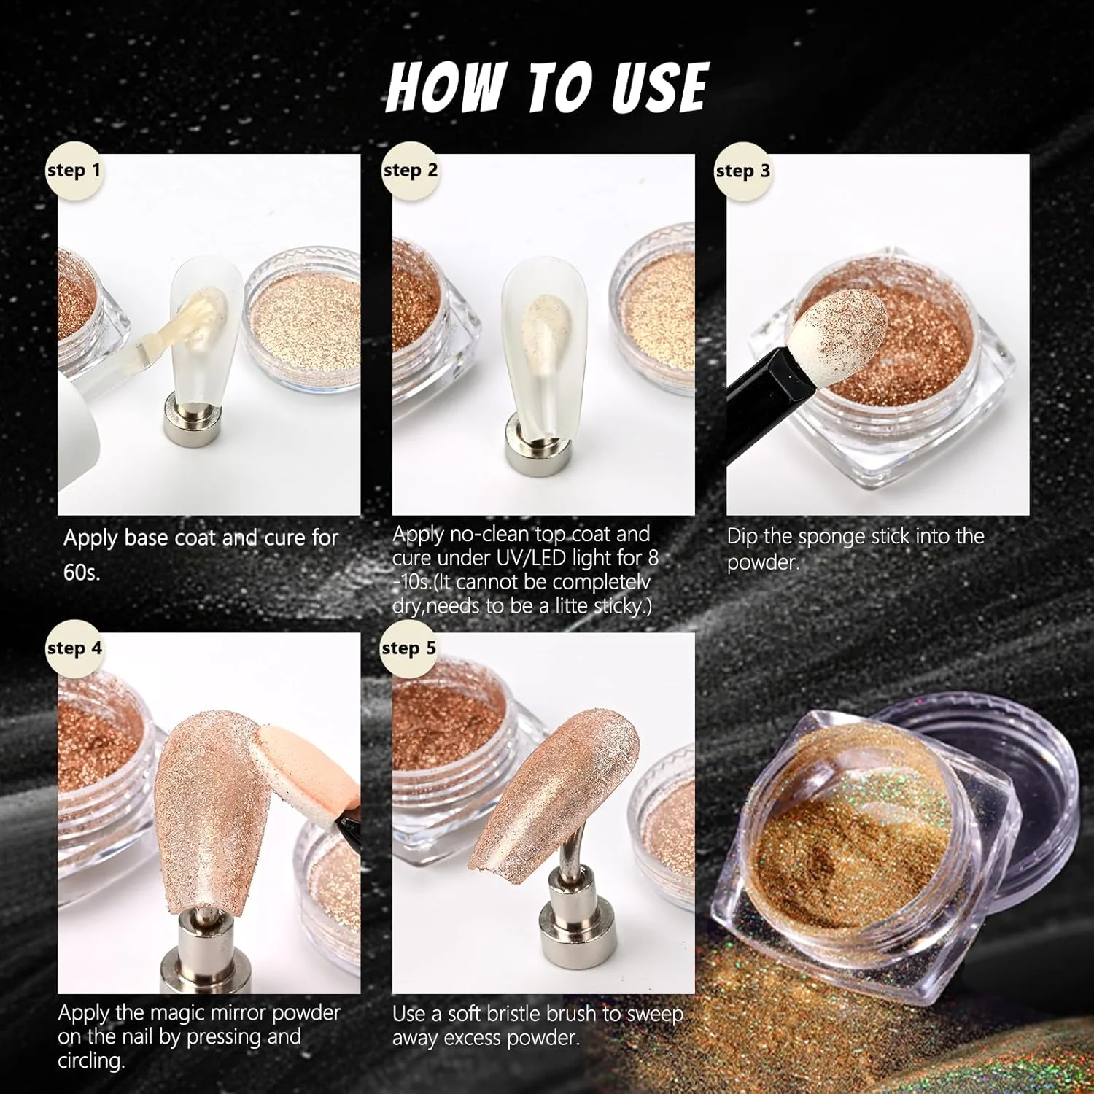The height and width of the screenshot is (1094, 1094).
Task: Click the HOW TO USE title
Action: coord(547,87)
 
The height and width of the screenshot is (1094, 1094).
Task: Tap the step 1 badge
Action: coord(73,171)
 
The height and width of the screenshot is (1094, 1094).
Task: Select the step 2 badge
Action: coord(410,171)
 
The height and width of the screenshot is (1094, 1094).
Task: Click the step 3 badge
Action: coord(742,171)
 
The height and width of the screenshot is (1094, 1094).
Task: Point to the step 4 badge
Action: coord(74,648)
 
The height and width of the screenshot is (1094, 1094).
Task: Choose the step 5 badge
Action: coord(408,648)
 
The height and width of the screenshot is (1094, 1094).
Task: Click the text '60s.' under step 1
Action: coord(82,573)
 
